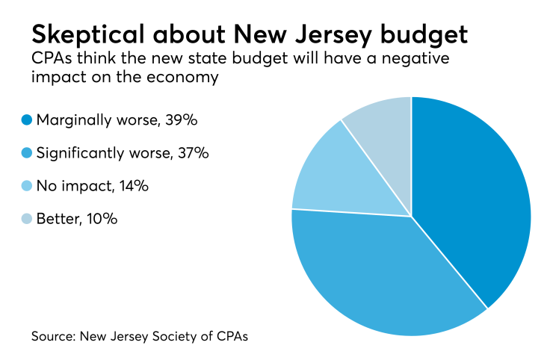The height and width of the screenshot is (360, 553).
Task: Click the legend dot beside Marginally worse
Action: click(27, 119)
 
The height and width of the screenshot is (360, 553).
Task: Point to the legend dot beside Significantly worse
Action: click(27, 152)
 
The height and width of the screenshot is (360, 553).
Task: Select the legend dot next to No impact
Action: click(27, 185)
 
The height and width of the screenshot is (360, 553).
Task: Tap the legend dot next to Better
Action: click(27, 219)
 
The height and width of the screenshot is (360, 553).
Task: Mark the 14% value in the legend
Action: click(132, 185)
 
